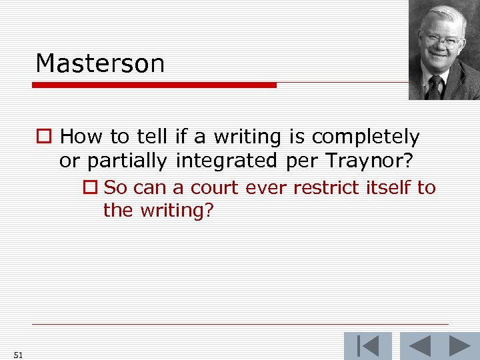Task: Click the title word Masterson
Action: tap(100, 64)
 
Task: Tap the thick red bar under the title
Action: tap(155, 85)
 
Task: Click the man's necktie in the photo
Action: tap(435, 87)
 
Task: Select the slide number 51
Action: tap(17, 355)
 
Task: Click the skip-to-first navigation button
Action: tap(367, 347)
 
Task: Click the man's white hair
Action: tap(443, 15)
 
